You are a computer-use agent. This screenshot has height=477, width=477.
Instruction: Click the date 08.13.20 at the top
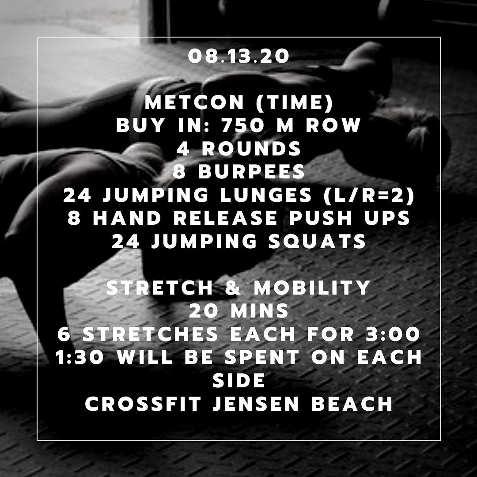(x=238, y=56)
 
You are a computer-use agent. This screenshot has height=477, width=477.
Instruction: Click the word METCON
(x=194, y=102)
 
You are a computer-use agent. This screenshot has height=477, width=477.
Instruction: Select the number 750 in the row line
(x=243, y=125)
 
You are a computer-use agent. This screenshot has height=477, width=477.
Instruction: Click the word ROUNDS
(x=251, y=149)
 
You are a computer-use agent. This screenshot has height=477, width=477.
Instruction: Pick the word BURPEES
(x=251, y=172)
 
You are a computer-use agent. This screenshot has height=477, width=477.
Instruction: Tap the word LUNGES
(x=266, y=195)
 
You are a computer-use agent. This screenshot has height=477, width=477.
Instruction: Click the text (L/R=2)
(x=369, y=195)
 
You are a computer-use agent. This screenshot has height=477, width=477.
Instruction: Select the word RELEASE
(x=225, y=218)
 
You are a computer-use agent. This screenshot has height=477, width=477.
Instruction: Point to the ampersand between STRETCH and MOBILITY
(x=233, y=288)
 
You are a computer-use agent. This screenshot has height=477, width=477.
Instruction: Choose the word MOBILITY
(x=312, y=288)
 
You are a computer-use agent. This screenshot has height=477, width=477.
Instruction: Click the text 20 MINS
(x=239, y=311)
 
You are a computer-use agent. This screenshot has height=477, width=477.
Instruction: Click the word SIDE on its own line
(x=239, y=381)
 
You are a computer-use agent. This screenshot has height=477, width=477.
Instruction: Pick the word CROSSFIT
(x=143, y=404)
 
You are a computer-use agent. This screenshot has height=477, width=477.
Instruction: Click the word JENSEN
(x=256, y=404)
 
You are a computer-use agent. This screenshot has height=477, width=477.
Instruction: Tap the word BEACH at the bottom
(x=352, y=404)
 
